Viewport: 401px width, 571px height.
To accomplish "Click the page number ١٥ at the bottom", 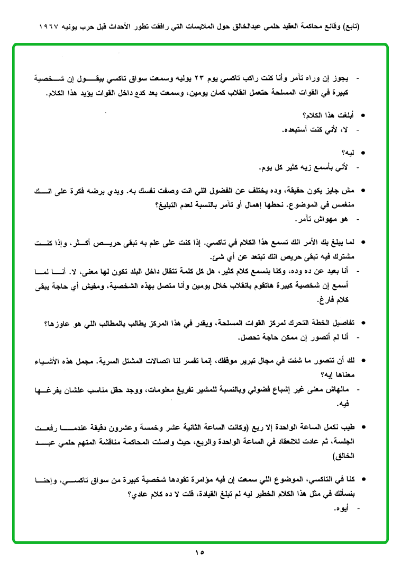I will tap(200, 552).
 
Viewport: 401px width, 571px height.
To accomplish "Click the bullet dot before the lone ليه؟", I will tap(363, 153).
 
